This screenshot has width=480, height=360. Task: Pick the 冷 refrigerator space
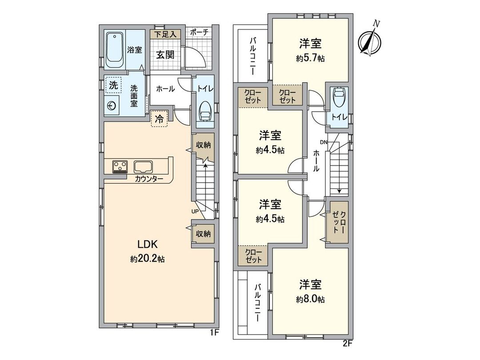[x=158, y=119]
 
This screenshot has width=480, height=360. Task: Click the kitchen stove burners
[x=120, y=167]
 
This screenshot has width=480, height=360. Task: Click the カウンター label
[x=149, y=179]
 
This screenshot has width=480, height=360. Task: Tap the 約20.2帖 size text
[x=148, y=259]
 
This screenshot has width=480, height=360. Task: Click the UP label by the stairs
[x=195, y=211]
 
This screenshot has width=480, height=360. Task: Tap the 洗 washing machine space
[x=114, y=86]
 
